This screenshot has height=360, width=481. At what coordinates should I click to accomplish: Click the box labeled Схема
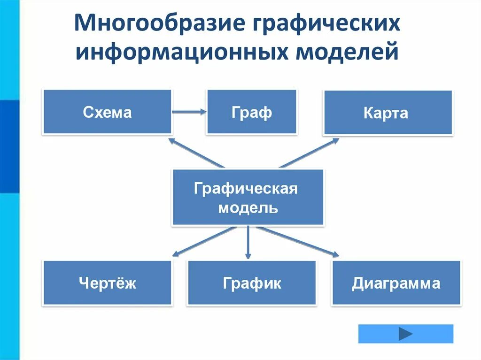(x=107, y=112)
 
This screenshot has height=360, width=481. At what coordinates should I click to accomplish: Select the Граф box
(x=251, y=112)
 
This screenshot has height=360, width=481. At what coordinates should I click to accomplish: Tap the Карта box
(x=388, y=113)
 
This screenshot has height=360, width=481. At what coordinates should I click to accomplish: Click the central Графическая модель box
(x=248, y=198)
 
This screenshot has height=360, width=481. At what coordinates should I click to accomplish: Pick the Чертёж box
(x=107, y=283)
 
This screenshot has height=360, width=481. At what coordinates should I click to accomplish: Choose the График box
(x=252, y=283)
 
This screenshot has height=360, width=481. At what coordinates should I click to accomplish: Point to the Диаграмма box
(x=396, y=283)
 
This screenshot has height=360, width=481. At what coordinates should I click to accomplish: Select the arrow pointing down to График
(x=248, y=242)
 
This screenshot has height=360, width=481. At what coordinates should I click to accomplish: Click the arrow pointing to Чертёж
(x=204, y=241)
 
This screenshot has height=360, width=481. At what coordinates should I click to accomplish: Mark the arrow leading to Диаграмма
(x=298, y=241)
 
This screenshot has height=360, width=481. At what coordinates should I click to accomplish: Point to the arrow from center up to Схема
(x=196, y=153)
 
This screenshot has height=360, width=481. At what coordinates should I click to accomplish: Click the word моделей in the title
(x=347, y=51)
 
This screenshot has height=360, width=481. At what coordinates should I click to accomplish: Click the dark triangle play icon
(x=405, y=334)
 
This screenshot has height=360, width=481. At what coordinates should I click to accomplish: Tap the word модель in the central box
(x=248, y=208)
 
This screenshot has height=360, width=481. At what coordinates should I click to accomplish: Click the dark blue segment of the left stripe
(x=9, y=146)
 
